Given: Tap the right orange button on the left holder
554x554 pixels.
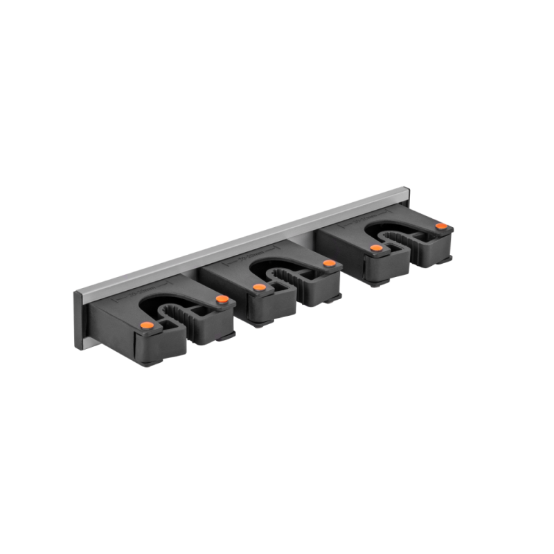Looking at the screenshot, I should click(222, 299).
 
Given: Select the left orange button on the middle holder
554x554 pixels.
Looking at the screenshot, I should click(258, 287).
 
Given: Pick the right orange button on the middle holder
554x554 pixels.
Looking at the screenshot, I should click(328, 263).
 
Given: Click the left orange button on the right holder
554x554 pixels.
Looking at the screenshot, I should click(375, 247).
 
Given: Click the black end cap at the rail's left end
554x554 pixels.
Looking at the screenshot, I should click(78, 319).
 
